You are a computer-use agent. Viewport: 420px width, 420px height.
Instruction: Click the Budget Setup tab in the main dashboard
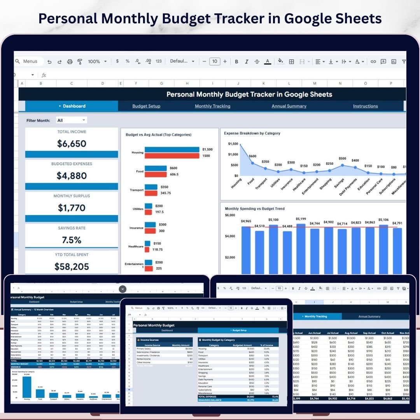[x=146, y=106]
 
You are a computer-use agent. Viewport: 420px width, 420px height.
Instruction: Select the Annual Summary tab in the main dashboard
[x=289, y=106]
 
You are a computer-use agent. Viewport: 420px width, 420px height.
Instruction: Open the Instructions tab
[x=365, y=106]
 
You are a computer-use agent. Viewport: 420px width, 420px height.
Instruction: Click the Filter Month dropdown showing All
[x=72, y=121]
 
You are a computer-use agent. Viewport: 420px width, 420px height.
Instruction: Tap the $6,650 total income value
[x=72, y=144]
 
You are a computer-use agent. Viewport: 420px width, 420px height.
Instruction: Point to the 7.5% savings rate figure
[x=72, y=240]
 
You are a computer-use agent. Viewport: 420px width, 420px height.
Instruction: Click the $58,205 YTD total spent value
[x=72, y=267]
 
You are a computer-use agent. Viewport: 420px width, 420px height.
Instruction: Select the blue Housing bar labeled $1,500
[x=172, y=150]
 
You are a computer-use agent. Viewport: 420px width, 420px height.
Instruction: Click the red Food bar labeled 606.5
[x=156, y=175]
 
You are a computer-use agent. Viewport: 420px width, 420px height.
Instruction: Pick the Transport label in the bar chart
[x=136, y=190]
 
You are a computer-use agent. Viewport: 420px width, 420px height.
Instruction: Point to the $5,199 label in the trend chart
[x=301, y=219]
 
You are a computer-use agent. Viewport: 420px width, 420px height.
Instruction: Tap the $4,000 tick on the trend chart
[x=230, y=236]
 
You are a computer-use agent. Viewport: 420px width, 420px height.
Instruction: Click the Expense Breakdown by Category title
[x=252, y=133]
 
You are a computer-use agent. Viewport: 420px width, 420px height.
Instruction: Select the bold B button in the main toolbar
[x=236, y=61]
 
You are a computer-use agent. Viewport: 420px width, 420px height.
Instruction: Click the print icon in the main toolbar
[x=70, y=61]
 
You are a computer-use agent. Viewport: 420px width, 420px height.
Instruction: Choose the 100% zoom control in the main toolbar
[x=97, y=61]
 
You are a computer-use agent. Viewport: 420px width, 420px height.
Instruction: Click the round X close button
[x=122, y=289]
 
